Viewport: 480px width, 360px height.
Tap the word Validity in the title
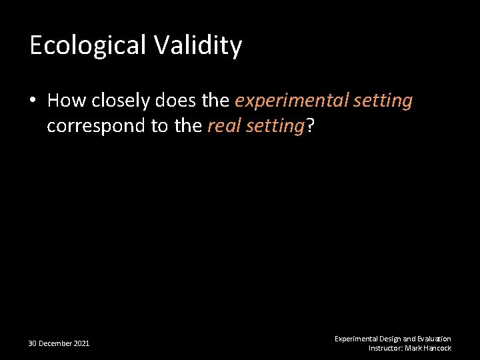click(198, 45)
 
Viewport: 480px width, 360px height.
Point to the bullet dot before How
click(33, 101)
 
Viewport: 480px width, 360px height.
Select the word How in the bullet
click(65, 101)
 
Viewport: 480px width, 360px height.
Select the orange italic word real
click(222, 126)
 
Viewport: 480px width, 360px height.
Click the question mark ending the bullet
click(310, 126)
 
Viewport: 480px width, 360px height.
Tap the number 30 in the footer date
click(32, 343)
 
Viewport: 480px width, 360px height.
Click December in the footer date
click(55, 343)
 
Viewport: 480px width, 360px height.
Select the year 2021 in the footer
click(81, 343)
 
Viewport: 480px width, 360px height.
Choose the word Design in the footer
click(390, 339)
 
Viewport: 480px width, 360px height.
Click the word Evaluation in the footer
click(434, 339)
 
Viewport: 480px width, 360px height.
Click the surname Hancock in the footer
click(439, 348)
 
